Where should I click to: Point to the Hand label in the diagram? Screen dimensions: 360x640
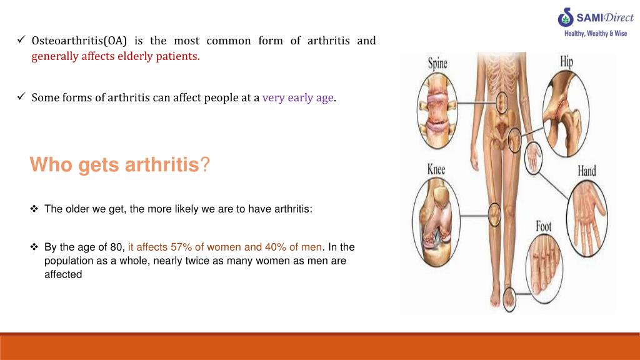tap(586, 171)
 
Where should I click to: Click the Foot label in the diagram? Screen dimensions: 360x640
tap(544, 226)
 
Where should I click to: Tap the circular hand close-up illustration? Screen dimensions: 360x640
tap(586, 217)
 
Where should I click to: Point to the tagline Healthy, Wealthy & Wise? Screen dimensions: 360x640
tap(596, 33)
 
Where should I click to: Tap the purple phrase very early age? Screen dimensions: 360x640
tap(298, 97)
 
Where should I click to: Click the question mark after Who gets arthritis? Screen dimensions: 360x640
tap(206, 166)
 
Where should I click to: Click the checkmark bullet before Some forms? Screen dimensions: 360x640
tap(21, 97)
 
